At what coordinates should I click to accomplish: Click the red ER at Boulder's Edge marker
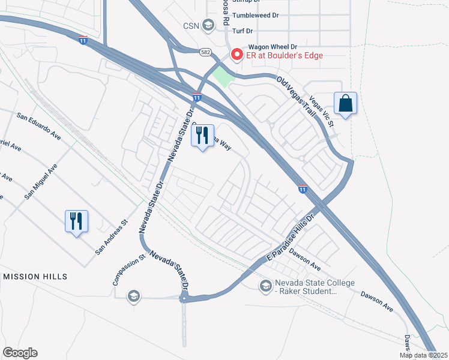(237, 55)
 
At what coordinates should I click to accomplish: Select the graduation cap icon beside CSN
(208, 25)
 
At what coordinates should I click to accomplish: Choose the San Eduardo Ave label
(39, 125)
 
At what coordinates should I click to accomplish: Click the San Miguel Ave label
(40, 181)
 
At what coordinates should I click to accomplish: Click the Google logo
(20, 353)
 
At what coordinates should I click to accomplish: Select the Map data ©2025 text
(423, 355)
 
